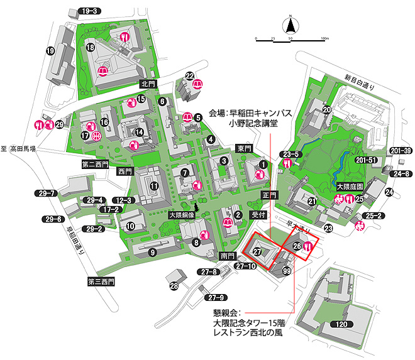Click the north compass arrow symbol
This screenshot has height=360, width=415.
(291, 26)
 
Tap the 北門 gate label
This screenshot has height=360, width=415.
(147, 84)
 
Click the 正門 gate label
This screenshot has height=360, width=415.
(270, 195)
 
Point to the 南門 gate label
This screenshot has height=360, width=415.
(227, 256)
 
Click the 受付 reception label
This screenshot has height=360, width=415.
(260, 214)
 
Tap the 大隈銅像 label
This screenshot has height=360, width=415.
(182, 215)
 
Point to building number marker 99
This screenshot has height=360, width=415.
(287, 271)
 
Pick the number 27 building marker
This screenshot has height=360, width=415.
(257, 252)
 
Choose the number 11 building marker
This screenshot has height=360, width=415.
(153, 185)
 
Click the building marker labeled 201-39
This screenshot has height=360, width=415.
(400, 150)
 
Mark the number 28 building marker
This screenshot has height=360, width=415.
(174, 286)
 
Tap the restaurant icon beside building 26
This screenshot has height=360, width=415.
(308, 247)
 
